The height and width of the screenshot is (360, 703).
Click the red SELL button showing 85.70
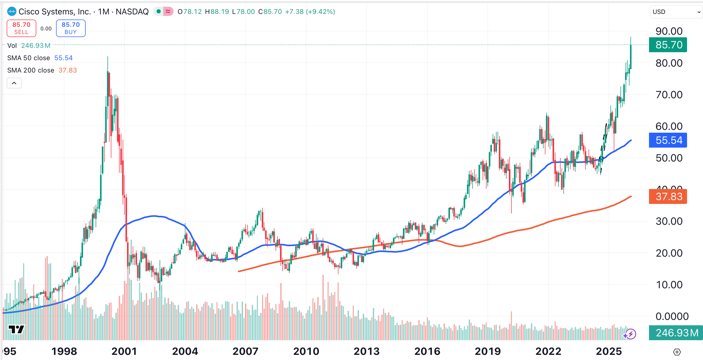pyautogui.click(x=21, y=28)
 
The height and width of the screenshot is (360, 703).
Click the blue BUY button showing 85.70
pyautogui.click(x=71, y=28)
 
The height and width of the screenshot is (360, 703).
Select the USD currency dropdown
pyautogui.click(x=675, y=12)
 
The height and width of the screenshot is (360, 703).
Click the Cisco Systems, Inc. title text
pyautogui.click(x=55, y=12)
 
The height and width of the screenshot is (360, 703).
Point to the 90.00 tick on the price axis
pyautogui.click(x=669, y=31)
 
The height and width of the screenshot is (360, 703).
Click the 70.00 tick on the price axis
pyautogui.click(x=669, y=95)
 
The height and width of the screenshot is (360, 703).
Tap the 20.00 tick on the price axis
pyautogui.click(x=669, y=253)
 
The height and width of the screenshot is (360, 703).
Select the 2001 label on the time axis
pyautogui.click(x=124, y=351)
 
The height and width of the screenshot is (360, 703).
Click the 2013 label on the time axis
pyautogui.click(x=366, y=351)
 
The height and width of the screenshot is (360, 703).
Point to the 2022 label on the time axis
pyautogui.click(x=548, y=351)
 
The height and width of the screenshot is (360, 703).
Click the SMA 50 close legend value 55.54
pyautogui.click(x=63, y=58)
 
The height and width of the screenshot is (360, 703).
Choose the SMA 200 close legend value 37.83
pyautogui.click(x=67, y=70)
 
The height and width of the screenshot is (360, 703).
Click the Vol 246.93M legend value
pyautogui.click(x=36, y=46)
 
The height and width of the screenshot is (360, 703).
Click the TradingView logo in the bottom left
pyautogui.click(x=16, y=329)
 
